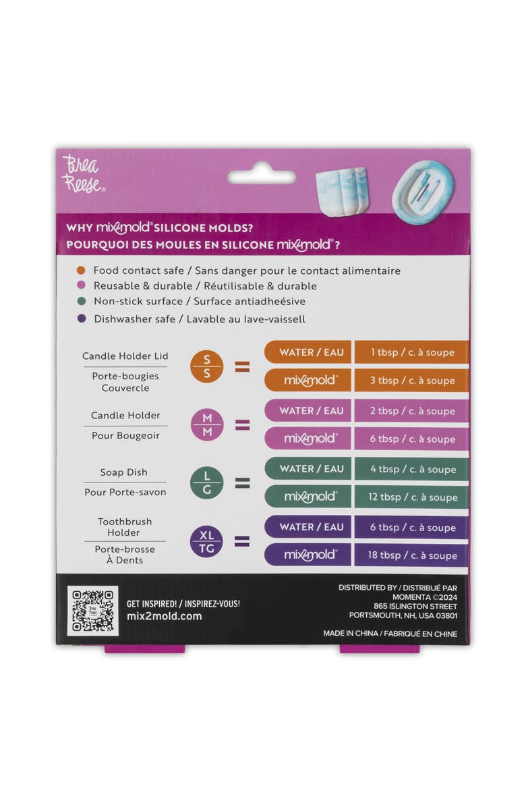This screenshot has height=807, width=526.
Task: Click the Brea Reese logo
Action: pyautogui.click(x=82, y=174)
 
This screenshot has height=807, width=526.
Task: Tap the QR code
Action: pyautogui.click(x=93, y=610)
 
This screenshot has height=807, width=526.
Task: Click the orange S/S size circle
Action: pyautogui.click(x=206, y=366)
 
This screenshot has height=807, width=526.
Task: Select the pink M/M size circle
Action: pyautogui.click(x=206, y=424)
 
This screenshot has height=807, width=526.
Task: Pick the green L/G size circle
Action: pyautogui.click(x=206, y=482)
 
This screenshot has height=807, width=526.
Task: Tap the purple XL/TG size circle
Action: pyautogui.click(x=206, y=541)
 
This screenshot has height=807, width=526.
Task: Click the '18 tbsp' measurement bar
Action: pyautogui.click(x=411, y=555)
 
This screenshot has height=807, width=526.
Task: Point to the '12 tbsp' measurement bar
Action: pyautogui.click(x=411, y=497)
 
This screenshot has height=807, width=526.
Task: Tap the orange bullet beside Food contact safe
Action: pyautogui.click(x=82, y=271)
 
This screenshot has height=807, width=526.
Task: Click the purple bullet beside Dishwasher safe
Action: pyautogui.click(x=82, y=318)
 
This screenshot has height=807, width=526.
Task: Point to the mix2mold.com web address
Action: pyautogui.click(x=164, y=616)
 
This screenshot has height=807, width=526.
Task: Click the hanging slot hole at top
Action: pyautogui.click(x=261, y=177)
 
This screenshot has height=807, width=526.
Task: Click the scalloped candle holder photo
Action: pyautogui.click(x=341, y=191)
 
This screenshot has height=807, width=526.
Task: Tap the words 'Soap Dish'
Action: pyautogui.click(x=124, y=472)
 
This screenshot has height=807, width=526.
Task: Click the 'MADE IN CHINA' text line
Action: pyautogui.click(x=390, y=634)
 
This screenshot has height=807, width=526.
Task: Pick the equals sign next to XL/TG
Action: pyautogui.click(x=241, y=541)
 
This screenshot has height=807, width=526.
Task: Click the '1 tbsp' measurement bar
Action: pyautogui.click(x=411, y=352)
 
